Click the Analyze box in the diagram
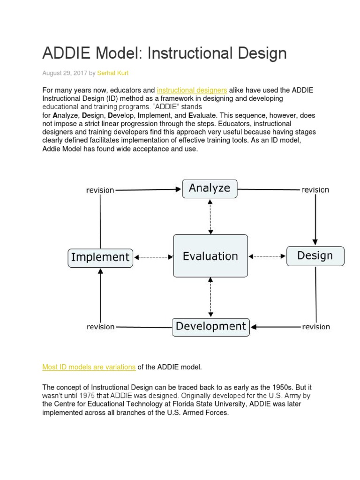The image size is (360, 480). [x=210, y=189]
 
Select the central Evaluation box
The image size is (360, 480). [x=210, y=256]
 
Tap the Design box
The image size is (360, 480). [x=315, y=256]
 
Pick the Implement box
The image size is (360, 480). [x=100, y=257]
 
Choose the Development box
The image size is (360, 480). [x=211, y=327]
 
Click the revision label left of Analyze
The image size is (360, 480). [x=100, y=190]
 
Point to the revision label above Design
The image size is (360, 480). [x=315, y=190]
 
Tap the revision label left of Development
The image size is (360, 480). [x=100, y=327]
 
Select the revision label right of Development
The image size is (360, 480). [x=315, y=327]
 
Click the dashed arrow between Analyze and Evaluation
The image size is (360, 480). [x=210, y=216]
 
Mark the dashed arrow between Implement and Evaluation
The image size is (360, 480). [x=153, y=257]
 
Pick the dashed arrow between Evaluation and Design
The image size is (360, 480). [x=267, y=256]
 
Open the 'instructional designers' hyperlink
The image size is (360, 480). [x=192, y=90]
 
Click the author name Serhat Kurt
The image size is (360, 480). [x=112, y=73]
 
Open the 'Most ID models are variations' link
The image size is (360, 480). [x=89, y=367]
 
